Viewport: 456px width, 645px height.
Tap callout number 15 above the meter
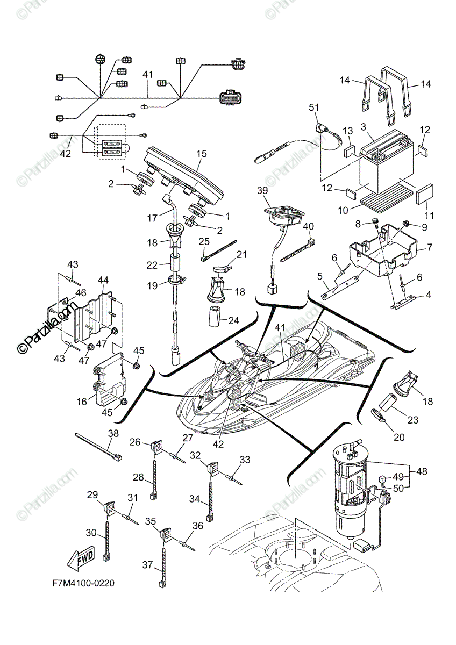click(201, 154)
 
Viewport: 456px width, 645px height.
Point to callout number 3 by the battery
click(364, 127)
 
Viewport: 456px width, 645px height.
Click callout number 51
click(314, 107)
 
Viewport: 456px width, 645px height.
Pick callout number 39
click(262, 191)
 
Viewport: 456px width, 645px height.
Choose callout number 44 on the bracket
click(103, 280)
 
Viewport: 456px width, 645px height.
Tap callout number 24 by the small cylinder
click(233, 321)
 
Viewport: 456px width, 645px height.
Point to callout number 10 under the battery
click(343, 208)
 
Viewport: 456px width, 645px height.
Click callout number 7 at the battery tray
click(429, 248)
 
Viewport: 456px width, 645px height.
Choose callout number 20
click(398, 438)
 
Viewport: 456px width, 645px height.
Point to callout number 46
click(81, 293)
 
